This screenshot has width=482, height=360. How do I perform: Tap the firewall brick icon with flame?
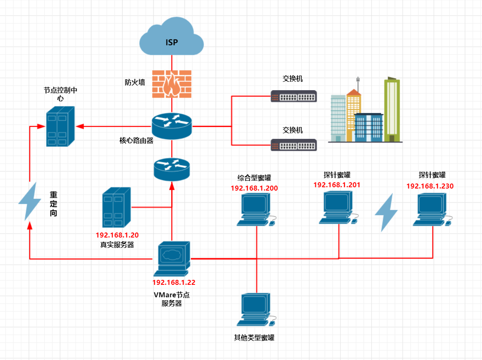pos(172,84)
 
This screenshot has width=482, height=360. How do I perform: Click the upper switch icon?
pos(293,96)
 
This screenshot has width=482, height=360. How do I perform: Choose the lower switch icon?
pos(293,144)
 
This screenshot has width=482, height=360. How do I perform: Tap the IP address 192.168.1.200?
pos(254,188)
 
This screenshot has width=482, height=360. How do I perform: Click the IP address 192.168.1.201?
pos(337,185)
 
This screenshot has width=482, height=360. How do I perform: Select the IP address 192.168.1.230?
pos(430,186)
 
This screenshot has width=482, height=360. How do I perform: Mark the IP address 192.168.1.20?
pos(117,235)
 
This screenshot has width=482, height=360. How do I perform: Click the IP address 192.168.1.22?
pos(174,282)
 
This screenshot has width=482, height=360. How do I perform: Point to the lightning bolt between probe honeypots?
pos(386,212)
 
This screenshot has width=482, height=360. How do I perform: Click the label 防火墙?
pos(135,82)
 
